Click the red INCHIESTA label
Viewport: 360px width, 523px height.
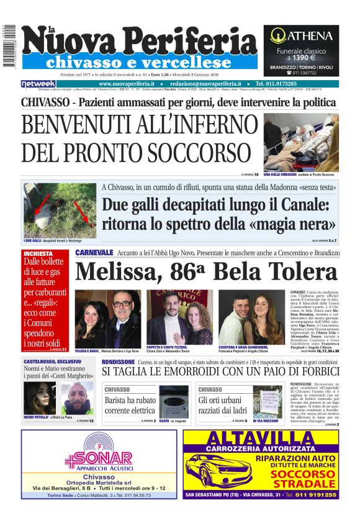click(38, 253)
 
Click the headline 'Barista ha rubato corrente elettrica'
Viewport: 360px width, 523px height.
click(130, 406)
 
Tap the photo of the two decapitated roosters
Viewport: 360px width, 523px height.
click(60, 209)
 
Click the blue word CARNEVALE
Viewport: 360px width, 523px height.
click(94, 253)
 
